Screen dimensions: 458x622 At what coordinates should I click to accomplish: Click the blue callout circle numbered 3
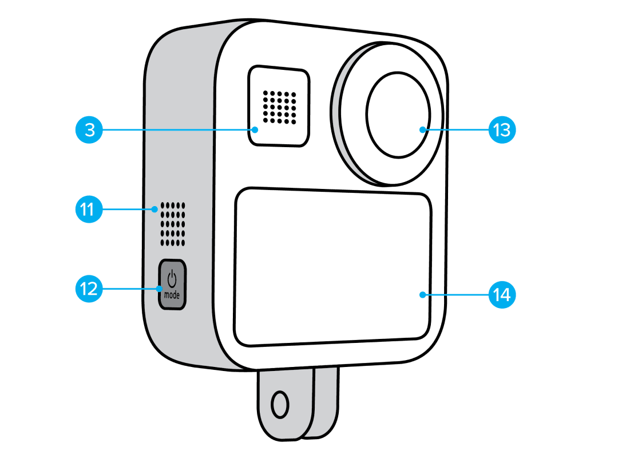[90, 130]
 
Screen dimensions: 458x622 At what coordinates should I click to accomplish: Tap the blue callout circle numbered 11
[90, 210]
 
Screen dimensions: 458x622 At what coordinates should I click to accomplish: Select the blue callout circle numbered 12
[90, 290]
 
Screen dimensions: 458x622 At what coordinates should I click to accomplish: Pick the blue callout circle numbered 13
[502, 130]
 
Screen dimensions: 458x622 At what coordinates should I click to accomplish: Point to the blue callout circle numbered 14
[502, 295]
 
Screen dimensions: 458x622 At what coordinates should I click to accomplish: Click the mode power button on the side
[172, 285]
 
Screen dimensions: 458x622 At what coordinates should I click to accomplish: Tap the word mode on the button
[172, 295]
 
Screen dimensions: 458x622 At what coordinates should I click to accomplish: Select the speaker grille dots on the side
[173, 223]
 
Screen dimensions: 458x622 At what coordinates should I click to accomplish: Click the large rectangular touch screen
[332, 269]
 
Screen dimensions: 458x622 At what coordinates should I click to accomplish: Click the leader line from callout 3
[177, 130]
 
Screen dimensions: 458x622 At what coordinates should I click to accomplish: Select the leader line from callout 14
[455, 295]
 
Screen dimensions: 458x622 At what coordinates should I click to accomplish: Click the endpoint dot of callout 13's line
[422, 130]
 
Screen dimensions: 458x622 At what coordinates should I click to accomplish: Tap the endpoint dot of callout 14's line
[422, 295]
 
